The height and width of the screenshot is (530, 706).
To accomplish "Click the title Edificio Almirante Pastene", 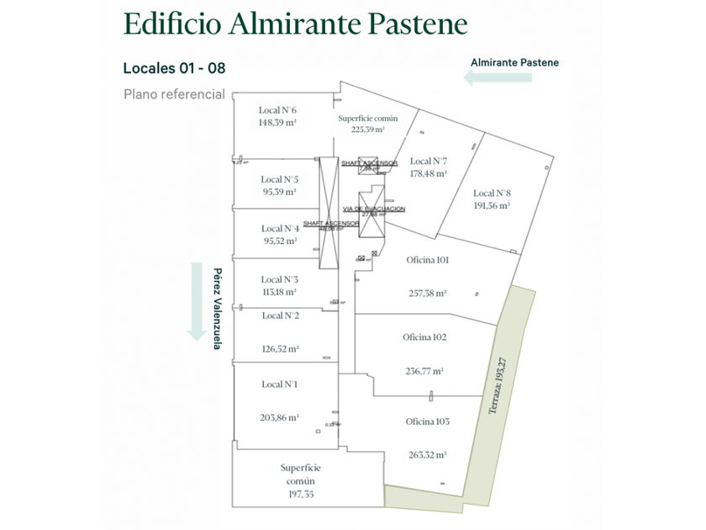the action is pos(294,24).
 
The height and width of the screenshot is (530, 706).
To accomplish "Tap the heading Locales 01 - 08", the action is pos(174,68).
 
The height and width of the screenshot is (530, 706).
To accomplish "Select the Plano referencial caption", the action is pos(174,94).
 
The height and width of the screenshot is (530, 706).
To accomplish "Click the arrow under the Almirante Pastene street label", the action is pos(498,78).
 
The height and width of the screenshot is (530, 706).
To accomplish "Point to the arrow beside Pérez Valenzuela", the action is pos(197,301).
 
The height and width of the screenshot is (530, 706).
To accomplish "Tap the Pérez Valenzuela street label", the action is pos(218,309).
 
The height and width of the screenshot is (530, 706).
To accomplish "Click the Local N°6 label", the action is pos(277,110).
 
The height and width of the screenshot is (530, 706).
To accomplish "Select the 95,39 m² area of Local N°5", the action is pos(279,192).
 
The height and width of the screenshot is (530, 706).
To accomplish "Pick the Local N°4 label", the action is pos(279,228).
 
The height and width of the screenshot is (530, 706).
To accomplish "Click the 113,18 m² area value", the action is pos(279,293).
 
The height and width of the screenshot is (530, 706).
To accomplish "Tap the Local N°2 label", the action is pos(280,315).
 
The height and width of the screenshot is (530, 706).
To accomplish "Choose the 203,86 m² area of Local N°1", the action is pos(280,416).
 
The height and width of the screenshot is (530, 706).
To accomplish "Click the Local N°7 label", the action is pos(428,161).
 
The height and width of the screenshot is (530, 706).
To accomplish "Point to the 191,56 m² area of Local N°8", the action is pos(492,205).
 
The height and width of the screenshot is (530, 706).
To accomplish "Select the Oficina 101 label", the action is pos(425,260).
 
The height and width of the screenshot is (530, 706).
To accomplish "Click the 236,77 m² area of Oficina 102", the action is pos(424,370).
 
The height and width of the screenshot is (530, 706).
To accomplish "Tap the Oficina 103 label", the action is pos(427,421).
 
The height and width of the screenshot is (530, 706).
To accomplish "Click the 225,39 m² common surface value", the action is pos(368,130).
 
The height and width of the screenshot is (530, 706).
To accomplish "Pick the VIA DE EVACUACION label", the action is pos(374,209).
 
